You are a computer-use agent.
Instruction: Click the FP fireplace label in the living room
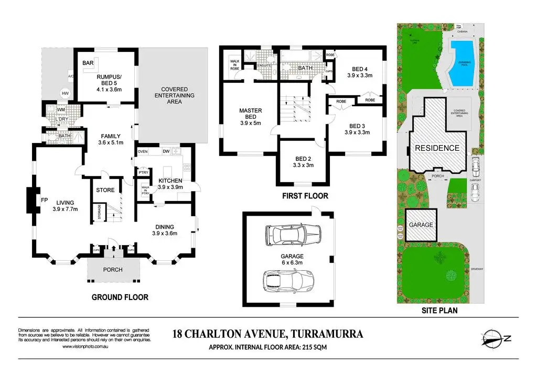[x=45, y=199]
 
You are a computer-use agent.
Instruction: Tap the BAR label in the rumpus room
[x=88, y=63]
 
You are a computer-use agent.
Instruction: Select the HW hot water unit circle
[x=65, y=94]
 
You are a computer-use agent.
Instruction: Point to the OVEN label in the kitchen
[x=142, y=152]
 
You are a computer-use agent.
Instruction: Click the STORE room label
[x=105, y=190]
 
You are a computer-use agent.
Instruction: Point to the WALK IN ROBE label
[x=235, y=64]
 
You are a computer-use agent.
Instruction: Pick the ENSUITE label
[x=264, y=65]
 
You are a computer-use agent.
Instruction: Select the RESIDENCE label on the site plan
[x=437, y=148]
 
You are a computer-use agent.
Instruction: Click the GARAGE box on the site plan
[x=421, y=225]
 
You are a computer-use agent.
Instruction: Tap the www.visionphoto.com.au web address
[x=85, y=347]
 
